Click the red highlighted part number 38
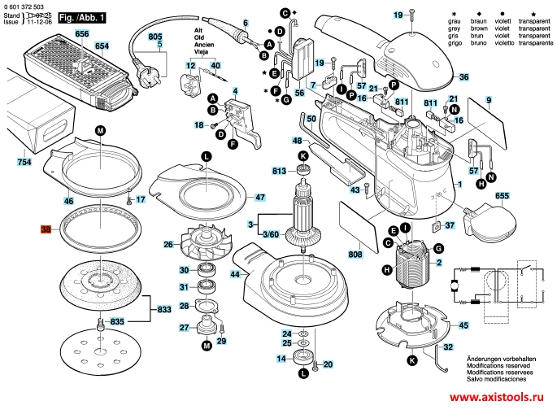coord(46,230)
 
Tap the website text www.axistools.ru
coord(495,398)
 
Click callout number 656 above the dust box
coord(81,34)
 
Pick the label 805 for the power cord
coord(155,37)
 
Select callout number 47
coord(259,198)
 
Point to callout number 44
coord(235,275)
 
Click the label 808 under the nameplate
coord(355,255)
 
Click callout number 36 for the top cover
coord(463,77)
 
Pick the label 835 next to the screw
coord(117,321)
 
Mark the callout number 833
coord(164,309)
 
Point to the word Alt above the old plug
coord(198,30)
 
